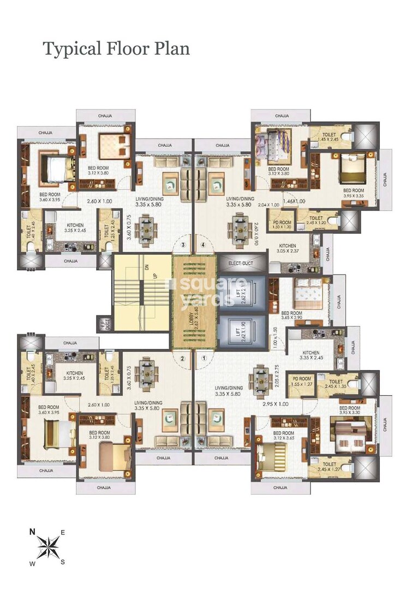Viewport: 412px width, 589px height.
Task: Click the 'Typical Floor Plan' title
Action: point(116,49)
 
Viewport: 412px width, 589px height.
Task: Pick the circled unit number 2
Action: point(183,359)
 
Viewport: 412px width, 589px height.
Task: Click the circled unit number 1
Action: point(204,359)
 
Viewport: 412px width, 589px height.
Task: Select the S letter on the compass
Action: point(62,562)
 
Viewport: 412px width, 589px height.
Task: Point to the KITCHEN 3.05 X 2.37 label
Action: point(288,249)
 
